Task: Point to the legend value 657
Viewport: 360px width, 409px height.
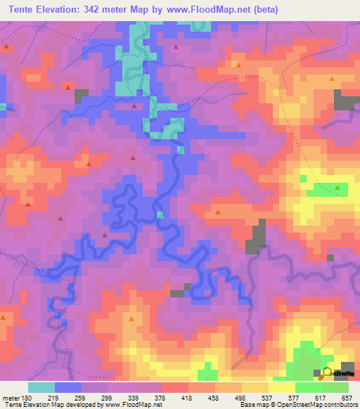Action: (347, 397)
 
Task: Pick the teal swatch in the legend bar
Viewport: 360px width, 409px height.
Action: (41, 387)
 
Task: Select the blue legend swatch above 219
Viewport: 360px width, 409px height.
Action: (68, 387)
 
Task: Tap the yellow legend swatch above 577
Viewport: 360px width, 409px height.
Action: (282, 387)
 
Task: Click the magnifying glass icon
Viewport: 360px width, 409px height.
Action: (326, 372)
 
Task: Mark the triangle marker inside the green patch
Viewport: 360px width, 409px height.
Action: (338, 188)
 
